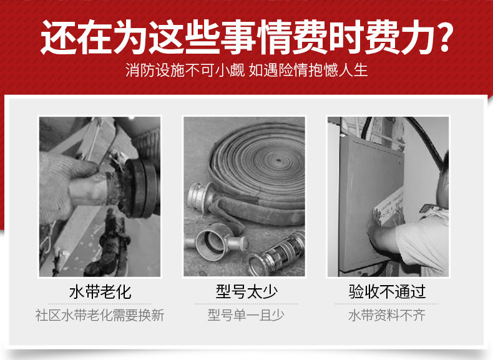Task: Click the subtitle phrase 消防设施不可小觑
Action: tap(185, 70)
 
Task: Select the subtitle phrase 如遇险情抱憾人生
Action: tap(308, 70)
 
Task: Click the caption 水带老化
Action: tap(100, 292)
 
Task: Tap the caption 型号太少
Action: tap(246, 292)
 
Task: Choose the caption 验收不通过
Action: tap(387, 292)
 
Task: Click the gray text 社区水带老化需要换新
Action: tap(100, 315)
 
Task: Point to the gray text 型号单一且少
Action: tap(246, 315)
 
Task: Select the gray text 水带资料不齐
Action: tap(387, 315)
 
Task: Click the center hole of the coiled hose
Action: tap(278, 160)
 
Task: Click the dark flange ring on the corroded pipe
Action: tap(142, 188)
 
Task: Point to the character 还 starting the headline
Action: tap(58, 37)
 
